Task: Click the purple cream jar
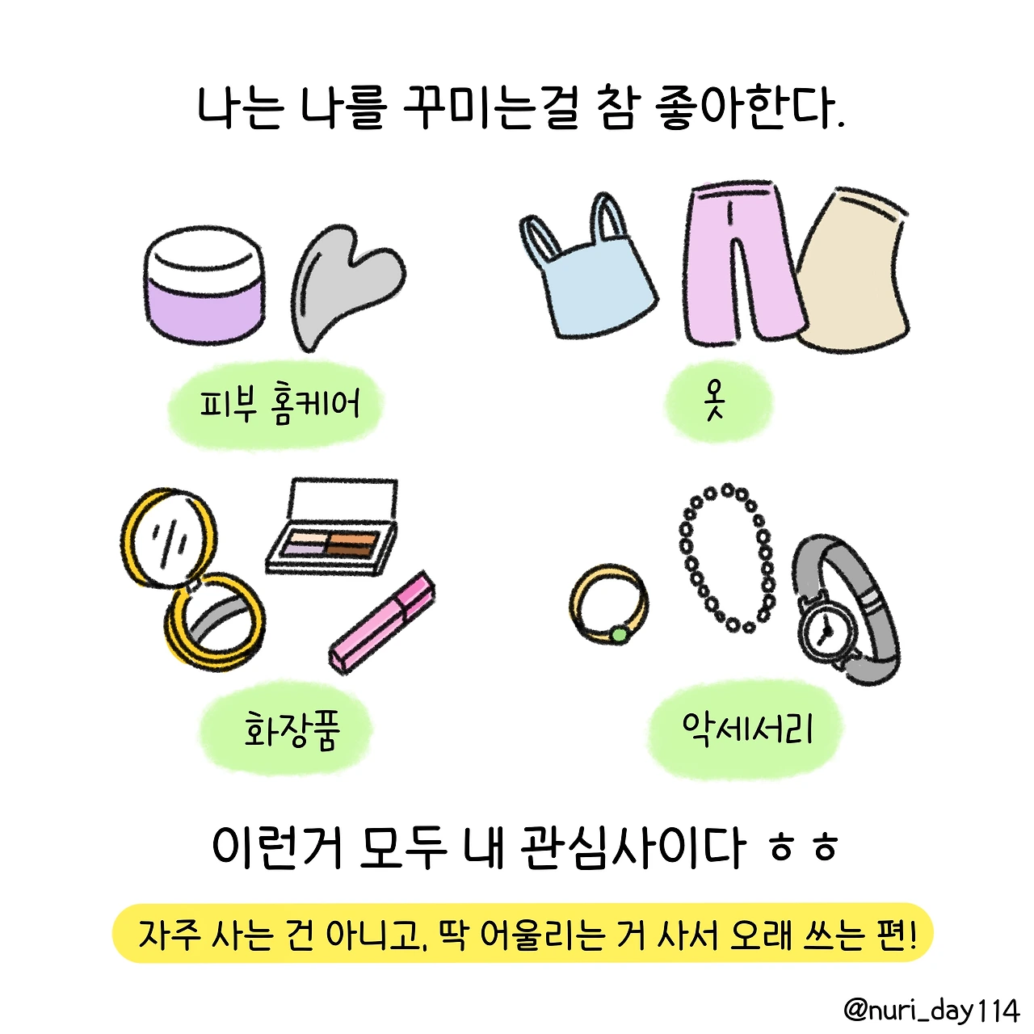pos(204,284)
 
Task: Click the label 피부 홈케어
pos(280,403)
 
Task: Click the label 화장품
pos(292,730)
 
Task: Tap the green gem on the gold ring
pos(620,635)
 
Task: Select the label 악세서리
pos(747,729)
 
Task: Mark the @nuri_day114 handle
pos(931,1011)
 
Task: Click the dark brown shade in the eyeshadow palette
pos(350,549)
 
